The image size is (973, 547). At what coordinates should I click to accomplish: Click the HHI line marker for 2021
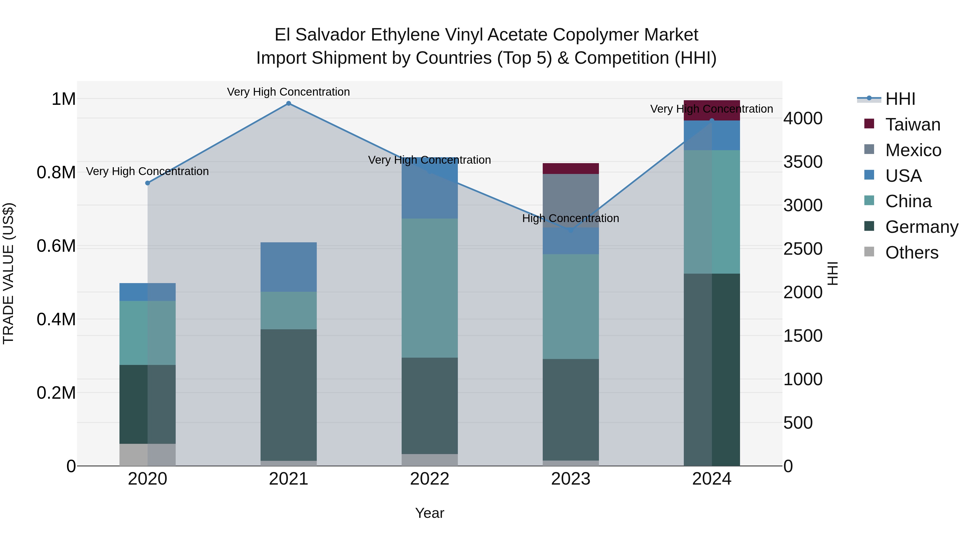[x=289, y=103]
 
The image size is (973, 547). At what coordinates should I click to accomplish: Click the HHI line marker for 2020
[x=148, y=183]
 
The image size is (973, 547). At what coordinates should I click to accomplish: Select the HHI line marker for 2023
[x=571, y=230]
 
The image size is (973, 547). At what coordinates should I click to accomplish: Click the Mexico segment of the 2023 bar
[x=571, y=200]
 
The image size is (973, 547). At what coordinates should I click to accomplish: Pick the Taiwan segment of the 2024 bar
[x=712, y=110]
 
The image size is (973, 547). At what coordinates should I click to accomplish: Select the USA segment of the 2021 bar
[x=289, y=267]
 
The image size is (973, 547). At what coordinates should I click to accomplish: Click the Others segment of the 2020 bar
[x=148, y=455]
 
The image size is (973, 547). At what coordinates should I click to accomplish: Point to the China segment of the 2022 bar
[x=429, y=288]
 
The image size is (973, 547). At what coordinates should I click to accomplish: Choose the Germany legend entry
[x=922, y=227]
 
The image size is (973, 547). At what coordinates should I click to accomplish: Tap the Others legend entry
[x=911, y=253]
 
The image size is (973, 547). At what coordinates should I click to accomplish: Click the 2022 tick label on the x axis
[x=429, y=479]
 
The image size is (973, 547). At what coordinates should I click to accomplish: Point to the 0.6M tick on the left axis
[x=56, y=246]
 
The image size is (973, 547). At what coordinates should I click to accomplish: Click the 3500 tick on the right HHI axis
[x=803, y=162]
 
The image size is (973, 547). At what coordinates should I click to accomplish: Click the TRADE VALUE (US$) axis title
[x=8, y=273]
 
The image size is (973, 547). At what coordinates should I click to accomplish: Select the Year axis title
[x=429, y=513]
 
